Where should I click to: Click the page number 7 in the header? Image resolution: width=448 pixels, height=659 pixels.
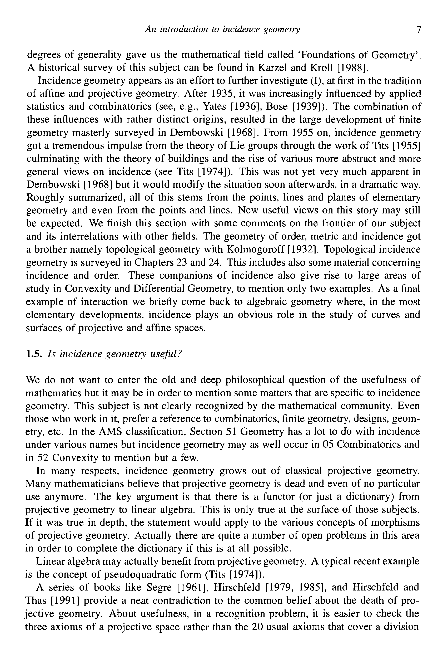coord(419,30)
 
